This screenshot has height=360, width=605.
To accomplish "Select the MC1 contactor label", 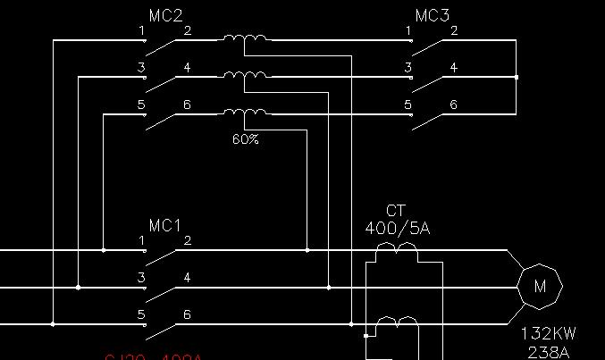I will (x=165, y=225).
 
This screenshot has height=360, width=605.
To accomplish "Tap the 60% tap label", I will (x=245, y=139).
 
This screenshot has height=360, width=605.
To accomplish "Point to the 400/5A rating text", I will (x=397, y=229).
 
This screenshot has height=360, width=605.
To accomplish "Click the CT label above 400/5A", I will (x=396, y=211).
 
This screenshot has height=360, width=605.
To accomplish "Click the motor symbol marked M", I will (x=540, y=287).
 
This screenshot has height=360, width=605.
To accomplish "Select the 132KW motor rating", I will (x=549, y=334).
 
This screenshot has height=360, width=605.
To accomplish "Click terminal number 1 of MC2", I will (x=141, y=31).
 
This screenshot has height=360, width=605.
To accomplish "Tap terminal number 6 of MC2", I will (x=187, y=105).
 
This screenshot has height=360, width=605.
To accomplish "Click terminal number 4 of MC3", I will (x=454, y=68).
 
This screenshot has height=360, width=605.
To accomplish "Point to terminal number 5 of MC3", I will (x=408, y=105).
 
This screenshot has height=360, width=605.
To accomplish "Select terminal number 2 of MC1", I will (x=187, y=241).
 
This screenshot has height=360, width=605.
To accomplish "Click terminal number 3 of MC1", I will (x=141, y=278).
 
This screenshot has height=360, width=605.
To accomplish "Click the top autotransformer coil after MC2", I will (x=245, y=39).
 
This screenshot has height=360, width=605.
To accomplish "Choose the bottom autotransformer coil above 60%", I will (x=245, y=113).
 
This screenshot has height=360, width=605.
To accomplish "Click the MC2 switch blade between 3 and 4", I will (x=163, y=83).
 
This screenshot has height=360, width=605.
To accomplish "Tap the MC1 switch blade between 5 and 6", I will (x=163, y=330).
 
